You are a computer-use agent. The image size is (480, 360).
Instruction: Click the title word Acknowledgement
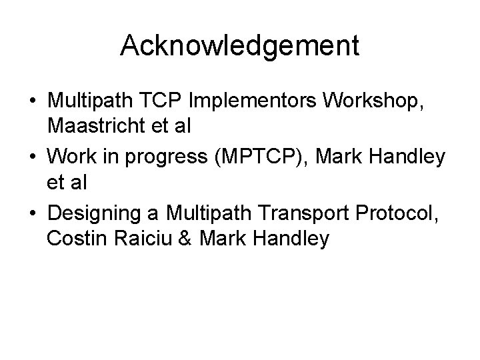[240, 45]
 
